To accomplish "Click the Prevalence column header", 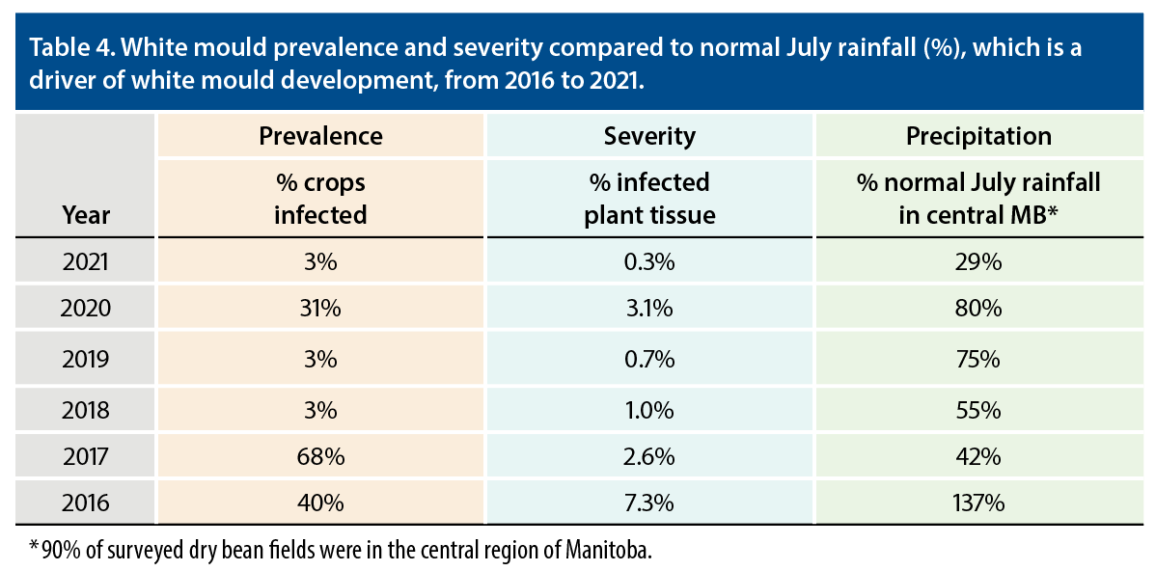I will point(320,136).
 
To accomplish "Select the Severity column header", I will point(649,136).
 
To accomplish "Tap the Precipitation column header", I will point(978,136).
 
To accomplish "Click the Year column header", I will point(87,213).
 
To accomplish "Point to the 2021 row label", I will point(87,260).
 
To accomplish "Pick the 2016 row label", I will point(87,503).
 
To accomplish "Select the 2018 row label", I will point(87,407).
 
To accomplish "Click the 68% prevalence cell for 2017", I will point(320,455).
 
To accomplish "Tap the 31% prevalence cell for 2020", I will point(320,309).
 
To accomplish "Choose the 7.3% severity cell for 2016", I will point(649,503).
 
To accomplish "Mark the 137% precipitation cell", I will point(978,503).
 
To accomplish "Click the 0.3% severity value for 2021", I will point(649,260).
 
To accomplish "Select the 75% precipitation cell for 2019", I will point(978,359).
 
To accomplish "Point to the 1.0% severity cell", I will point(649,407).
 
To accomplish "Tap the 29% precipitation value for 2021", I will point(978,260).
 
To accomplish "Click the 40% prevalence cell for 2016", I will point(320,503).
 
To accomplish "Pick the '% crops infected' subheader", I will point(320,197).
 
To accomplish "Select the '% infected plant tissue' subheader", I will point(649,197).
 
